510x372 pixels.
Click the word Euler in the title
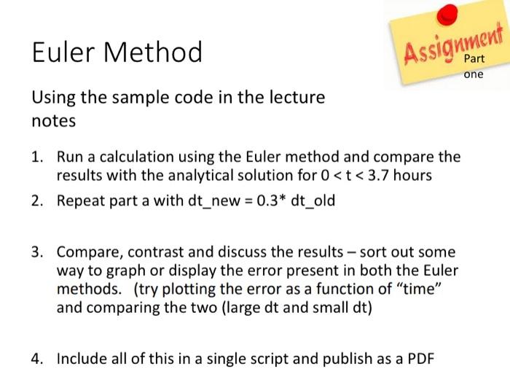63,52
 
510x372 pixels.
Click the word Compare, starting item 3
87,252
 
